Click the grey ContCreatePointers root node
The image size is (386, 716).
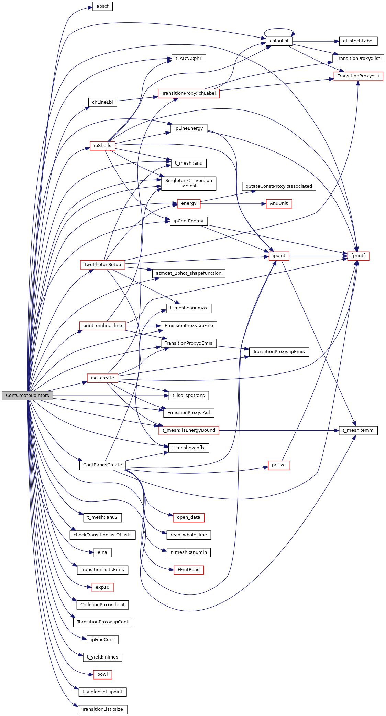point(27,396)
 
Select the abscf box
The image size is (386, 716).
point(102,6)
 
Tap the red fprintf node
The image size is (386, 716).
point(358,256)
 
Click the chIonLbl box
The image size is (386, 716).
point(279,41)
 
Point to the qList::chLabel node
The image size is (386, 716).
point(358,41)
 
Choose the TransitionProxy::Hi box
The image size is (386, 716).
point(358,76)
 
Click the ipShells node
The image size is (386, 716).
point(102,146)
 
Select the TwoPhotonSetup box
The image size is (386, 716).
point(102,265)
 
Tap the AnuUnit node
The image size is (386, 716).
point(279,203)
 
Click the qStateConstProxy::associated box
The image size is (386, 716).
point(279,186)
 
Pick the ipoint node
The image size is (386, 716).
point(279,256)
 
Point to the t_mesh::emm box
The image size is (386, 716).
point(358,430)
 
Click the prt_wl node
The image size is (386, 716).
point(279,465)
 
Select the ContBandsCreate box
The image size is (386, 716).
point(102,465)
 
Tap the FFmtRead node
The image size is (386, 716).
point(188,570)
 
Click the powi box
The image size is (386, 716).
point(102,674)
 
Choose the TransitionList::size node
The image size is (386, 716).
point(102,709)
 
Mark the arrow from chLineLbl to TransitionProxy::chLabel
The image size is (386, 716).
point(137,99)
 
